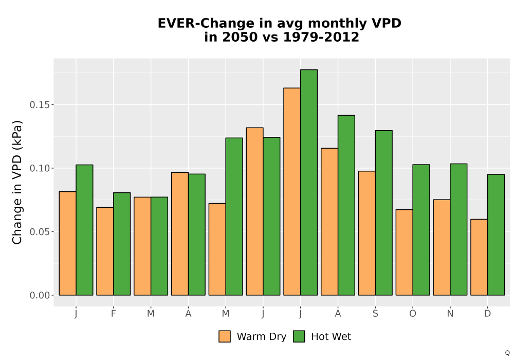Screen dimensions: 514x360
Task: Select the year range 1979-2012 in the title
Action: click(321, 37)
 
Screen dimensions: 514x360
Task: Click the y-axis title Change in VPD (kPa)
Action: click(17, 182)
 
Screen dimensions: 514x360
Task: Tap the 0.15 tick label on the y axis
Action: click(40, 105)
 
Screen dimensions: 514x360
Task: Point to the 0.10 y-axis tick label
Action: click(40, 168)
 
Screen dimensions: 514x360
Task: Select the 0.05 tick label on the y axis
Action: click(40, 232)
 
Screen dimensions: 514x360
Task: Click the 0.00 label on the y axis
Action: click(40, 295)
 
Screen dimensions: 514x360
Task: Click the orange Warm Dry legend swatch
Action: click(225, 336)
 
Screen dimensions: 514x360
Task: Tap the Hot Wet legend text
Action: click(331, 336)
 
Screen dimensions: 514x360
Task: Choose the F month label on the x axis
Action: click(114, 314)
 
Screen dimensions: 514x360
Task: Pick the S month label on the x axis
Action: click(375, 314)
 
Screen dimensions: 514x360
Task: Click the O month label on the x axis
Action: click(413, 314)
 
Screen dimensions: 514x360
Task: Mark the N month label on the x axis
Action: click(450, 314)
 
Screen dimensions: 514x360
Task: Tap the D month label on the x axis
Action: click(487, 314)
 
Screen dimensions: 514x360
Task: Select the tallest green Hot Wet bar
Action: click(309, 182)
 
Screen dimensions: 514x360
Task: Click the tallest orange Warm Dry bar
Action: click(292, 191)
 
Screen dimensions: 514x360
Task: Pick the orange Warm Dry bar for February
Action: click(105, 251)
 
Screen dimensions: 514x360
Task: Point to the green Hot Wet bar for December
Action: click(496, 235)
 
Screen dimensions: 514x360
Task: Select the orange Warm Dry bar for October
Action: click(404, 252)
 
